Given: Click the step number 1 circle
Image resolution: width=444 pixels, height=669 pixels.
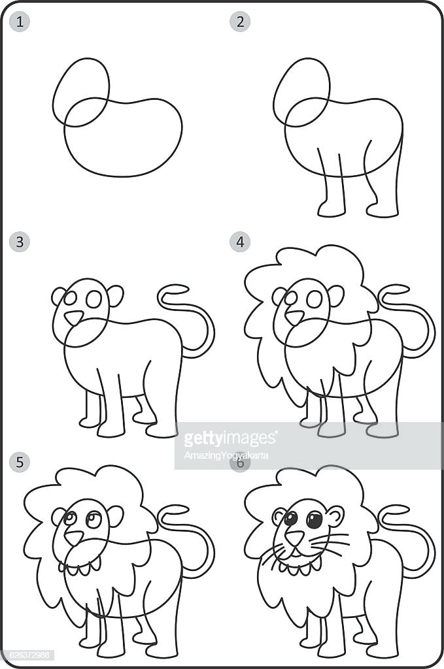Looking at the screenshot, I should pyautogui.click(x=20, y=22).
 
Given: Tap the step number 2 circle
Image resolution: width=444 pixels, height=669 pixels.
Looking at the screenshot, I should pyautogui.click(x=240, y=22).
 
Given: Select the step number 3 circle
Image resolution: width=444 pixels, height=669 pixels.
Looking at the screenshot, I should pyautogui.click(x=20, y=242).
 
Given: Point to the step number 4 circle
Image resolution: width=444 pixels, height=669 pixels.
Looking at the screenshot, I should pyautogui.click(x=240, y=242).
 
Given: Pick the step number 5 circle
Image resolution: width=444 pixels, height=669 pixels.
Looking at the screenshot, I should pyautogui.click(x=20, y=463).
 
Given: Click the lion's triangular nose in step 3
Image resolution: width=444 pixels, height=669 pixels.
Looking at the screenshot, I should pyautogui.click(x=74, y=318).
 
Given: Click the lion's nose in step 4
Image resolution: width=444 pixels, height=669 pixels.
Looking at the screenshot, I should pyautogui.click(x=295, y=318).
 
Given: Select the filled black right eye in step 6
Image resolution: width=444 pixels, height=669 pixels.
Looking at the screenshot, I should pyautogui.click(x=315, y=520).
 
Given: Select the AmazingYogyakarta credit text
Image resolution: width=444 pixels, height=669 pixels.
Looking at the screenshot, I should pyautogui.click(x=226, y=455).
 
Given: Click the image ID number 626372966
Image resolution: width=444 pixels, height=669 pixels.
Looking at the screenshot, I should pyautogui.click(x=27, y=654).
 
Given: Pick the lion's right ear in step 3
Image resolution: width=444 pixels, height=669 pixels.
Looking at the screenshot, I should pyautogui.click(x=116, y=295).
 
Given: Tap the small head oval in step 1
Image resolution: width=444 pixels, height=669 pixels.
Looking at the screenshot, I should pyautogui.click(x=81, y=91).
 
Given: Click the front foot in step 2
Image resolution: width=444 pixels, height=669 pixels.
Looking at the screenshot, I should pyautogui.click(x=332, y=209).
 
